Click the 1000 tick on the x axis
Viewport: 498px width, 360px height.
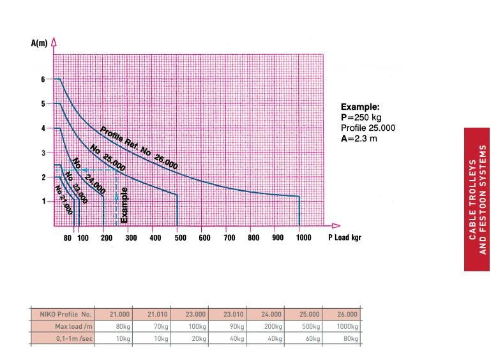point(303,238)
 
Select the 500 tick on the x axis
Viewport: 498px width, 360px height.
point(180,238)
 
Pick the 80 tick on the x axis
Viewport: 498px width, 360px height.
point(67,238)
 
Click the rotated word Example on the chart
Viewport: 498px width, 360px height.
point(124,204)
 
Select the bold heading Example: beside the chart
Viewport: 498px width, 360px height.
point(360,107)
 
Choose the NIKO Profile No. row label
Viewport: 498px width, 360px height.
point(65,315)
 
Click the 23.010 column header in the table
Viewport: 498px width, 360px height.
point(233,315)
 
